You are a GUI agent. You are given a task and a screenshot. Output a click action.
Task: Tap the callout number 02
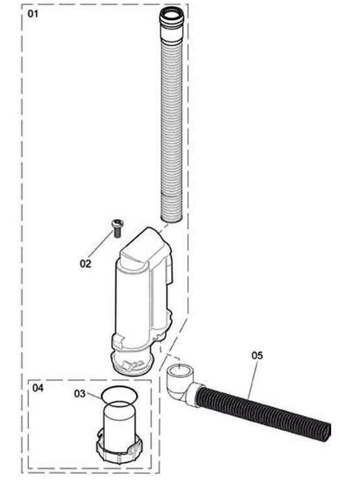(86, 262)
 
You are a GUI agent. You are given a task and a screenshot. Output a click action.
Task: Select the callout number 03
(81, 394)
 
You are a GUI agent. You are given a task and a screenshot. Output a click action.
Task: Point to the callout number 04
(38, 388)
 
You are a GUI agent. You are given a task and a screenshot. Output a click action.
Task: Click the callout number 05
(257, 355)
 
